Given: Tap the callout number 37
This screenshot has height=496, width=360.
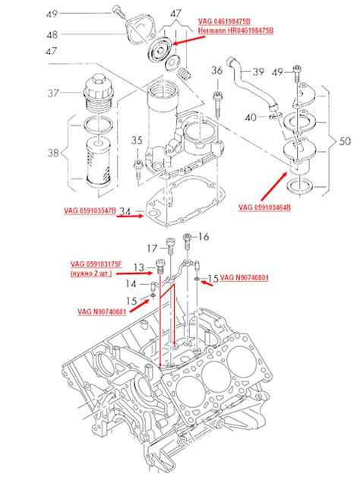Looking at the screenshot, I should [52, 93].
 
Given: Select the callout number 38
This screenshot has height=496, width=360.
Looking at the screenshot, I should [52, 153].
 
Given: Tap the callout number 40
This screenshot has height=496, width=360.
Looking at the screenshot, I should [251, 118].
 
